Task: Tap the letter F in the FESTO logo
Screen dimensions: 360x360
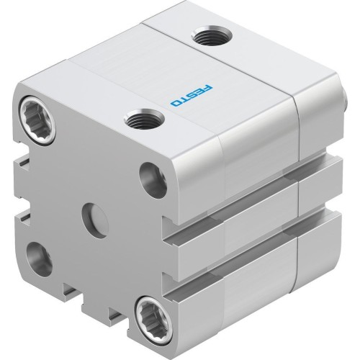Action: point(202,86)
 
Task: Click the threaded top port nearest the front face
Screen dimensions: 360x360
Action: point(137,118)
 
